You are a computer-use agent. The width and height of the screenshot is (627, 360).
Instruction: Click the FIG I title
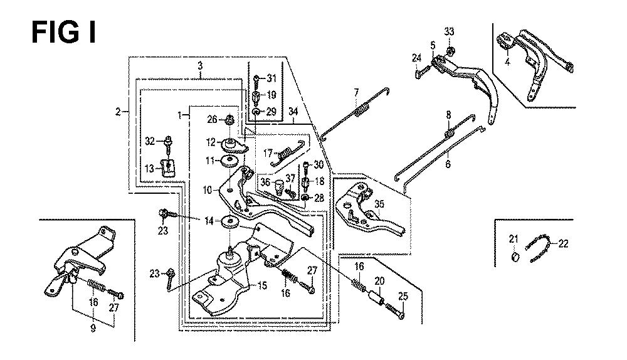pos(63,33)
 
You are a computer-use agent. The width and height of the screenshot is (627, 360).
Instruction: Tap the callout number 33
pos(449,31)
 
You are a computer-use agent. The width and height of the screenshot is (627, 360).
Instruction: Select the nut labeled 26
pos(230,119)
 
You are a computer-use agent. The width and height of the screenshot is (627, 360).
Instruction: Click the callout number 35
pos(379,204)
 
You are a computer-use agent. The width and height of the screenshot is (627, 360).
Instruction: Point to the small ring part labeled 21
pos(515,257)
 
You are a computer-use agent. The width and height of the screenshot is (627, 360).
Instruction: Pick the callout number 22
pos(564,243)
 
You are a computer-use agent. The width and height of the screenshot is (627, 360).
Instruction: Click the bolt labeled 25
pos(395,311)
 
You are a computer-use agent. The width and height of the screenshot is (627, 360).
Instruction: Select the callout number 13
pos(149,169)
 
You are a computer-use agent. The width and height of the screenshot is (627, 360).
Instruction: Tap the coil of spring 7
pos(362,110)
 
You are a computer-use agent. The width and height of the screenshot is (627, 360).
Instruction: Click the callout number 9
pos(93,329)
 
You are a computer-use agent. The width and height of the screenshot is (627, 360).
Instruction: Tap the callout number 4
pos(507,62)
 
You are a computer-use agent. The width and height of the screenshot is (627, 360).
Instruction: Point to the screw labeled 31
pos(256,79)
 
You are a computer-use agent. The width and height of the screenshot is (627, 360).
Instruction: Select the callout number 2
pos(118,112)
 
